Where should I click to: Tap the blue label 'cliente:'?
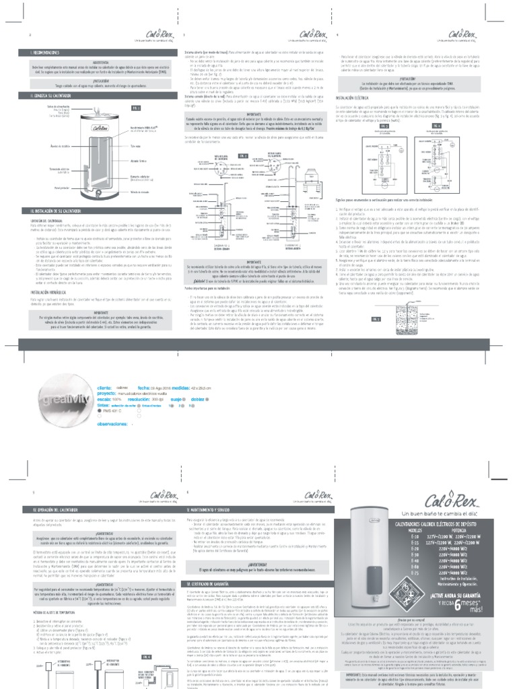point(105,388)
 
